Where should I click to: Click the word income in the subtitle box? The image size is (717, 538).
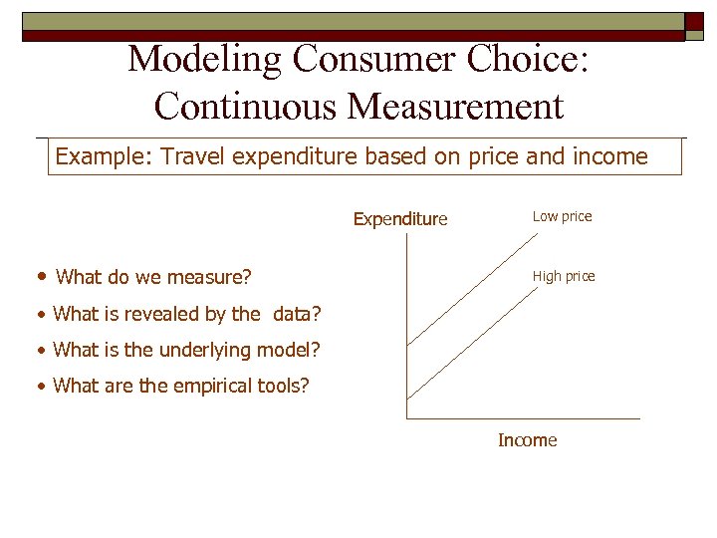tap(610, 157)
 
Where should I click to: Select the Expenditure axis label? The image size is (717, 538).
tap(400, 219)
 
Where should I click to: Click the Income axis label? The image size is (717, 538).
tap(527, 440)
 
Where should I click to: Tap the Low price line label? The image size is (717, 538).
tap(562, 216)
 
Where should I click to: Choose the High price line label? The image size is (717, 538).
tap(564, 276)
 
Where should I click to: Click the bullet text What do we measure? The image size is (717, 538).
tap(153, 277)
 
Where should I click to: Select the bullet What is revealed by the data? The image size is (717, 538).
tap(185, 314)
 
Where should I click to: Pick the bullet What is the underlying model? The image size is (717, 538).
tap(187, 350)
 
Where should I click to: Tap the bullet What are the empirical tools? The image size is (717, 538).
tap(180, 386)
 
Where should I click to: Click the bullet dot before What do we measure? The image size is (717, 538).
tap(41, 277)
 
